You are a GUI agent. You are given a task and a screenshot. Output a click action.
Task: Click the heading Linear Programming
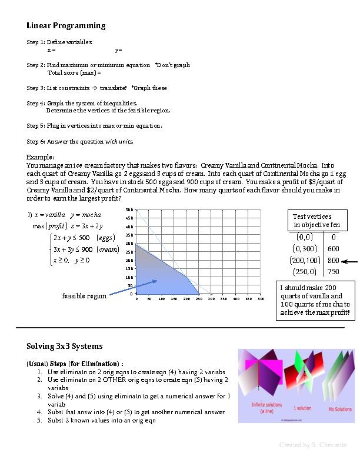click(66, 25)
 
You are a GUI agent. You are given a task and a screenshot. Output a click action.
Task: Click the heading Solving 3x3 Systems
click(64, 345)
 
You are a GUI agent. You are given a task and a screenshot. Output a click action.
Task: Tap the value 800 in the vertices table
click(334, 259)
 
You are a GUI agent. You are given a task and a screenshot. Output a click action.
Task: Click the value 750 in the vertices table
click(334, 271)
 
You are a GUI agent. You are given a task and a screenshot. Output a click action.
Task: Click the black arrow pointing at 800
click(350, 261)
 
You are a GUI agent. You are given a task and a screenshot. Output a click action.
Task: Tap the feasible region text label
click(84, 296)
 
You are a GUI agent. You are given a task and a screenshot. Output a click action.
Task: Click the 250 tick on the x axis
click(198, 299)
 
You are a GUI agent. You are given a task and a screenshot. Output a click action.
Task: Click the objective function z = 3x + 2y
click(86, 226)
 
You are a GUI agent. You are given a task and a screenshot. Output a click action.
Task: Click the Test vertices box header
click(312, 221)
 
